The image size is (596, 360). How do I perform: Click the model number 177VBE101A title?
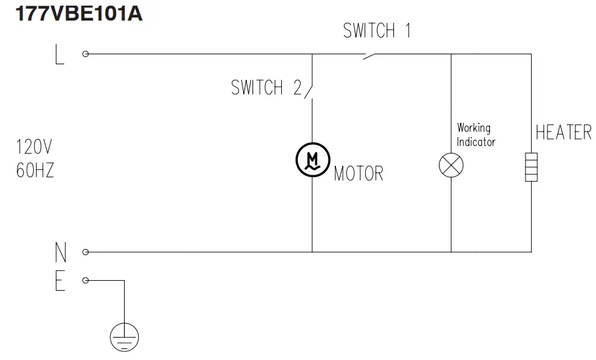click(79, 13)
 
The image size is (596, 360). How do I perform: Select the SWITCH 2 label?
click(266, 88)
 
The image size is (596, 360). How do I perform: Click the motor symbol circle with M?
click(312, 159)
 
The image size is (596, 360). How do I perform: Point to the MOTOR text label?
click(358, 173)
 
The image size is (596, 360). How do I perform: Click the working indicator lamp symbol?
click(451, 165)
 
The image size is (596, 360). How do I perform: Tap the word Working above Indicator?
click(473, 128)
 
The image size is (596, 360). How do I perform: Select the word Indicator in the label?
click(476, 142)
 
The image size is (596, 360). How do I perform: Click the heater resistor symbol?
click(531, 167)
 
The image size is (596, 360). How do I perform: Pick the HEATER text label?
click(564, 133)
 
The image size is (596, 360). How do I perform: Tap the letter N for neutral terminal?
click(60, 252)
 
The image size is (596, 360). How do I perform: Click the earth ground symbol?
click(124, 337)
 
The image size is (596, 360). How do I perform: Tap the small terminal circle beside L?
click(85, 54)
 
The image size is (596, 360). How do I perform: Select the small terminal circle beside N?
click(85, 252)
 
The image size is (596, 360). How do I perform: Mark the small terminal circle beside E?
click(85, 280)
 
